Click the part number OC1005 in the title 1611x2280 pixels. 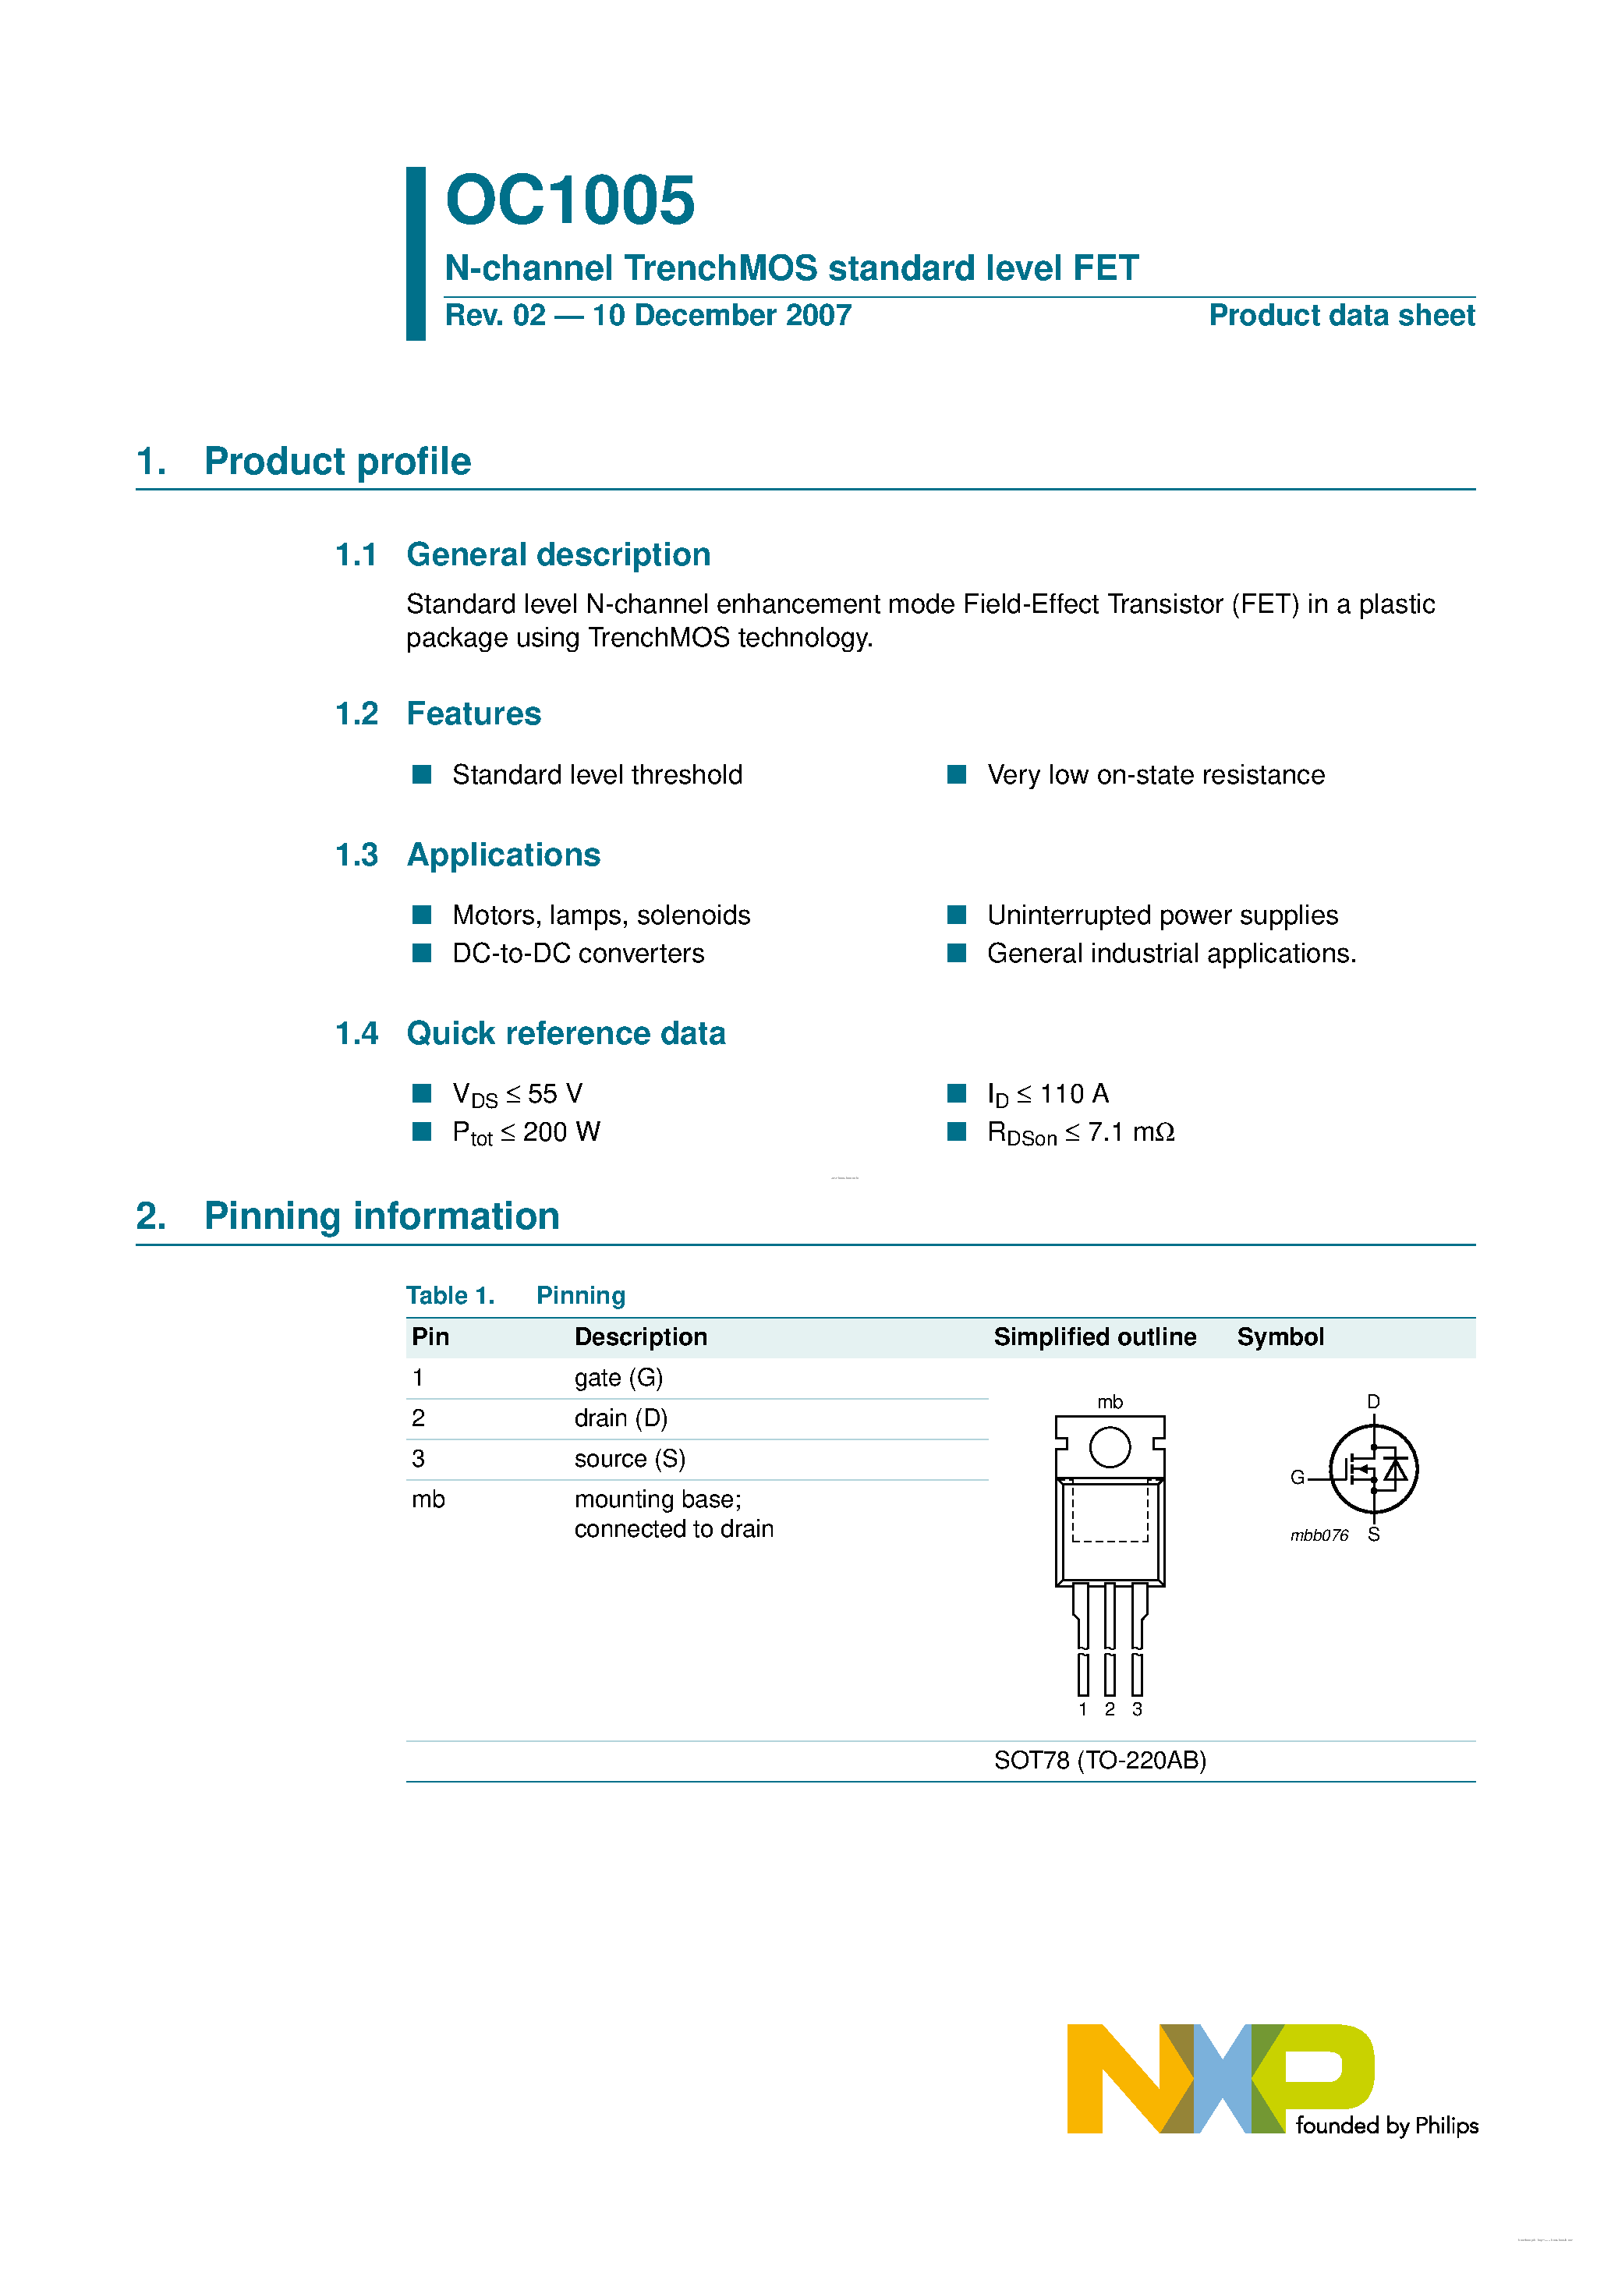click(569, 200)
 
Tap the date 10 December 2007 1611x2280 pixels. click(721, 316)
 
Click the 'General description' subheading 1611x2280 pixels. click(558, 554)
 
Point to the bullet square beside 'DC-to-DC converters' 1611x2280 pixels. click(422, 954)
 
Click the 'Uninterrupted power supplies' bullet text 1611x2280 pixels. click(1161, 915)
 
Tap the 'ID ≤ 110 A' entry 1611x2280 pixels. click(1047, 1094)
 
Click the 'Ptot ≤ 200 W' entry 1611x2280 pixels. click(526, 1133)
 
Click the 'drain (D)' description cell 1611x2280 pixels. click(620, 1418)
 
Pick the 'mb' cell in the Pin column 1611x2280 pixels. click(428, 1499)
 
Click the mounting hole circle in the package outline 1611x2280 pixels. click(1110, 1447)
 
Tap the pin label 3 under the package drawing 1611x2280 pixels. click(1136, 1709)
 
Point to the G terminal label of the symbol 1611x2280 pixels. click(1296, 1478)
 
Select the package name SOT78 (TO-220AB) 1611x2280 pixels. click(1099, 1761)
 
